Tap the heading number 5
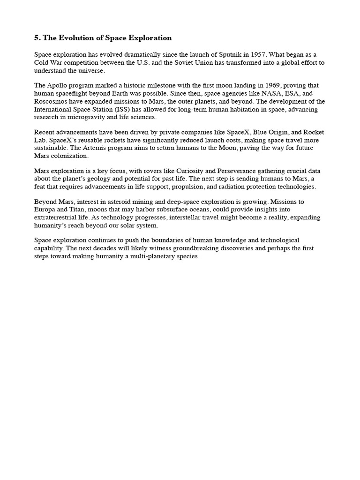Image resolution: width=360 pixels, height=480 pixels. click(x=37, y=38)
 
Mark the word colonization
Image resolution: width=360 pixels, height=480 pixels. click(x=67, y=156)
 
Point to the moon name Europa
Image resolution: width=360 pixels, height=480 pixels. click(x=45, y=210)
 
